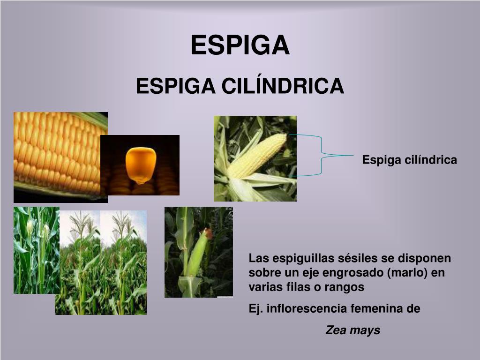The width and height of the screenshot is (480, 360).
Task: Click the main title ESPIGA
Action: click(240, 45)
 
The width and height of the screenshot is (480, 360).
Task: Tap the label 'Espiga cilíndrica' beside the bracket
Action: click(409, 160)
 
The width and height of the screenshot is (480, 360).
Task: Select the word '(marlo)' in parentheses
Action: click(408, 273)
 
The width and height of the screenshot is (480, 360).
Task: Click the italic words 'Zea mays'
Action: click(352, 330)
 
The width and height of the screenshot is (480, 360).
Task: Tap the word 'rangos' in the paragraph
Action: click(348, 287)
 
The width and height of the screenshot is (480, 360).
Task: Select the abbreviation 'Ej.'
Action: click(255, 309)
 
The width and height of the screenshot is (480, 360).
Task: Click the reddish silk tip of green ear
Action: click(207, 232)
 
